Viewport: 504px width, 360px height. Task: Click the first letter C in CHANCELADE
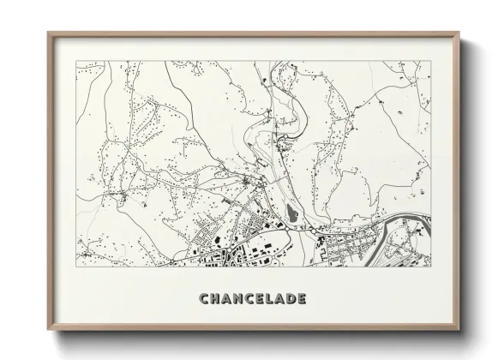point(204,299)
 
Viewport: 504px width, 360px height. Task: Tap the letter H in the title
point(216,299)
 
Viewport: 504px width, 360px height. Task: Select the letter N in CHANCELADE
point(240,299)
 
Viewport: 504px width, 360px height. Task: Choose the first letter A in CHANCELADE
point(228,299)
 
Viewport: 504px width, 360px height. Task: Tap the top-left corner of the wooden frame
point(48,33)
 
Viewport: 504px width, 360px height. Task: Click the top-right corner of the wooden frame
point(459,33)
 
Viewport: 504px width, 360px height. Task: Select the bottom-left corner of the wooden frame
point(48,329)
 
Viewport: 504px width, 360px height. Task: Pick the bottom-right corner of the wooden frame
point(459,329)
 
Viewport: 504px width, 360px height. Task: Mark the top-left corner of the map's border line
point(76,61)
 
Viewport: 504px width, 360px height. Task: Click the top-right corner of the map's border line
point(431,61)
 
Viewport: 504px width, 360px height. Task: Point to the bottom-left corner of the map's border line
point(76,267)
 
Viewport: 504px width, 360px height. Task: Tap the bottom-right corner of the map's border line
point(431,267)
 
